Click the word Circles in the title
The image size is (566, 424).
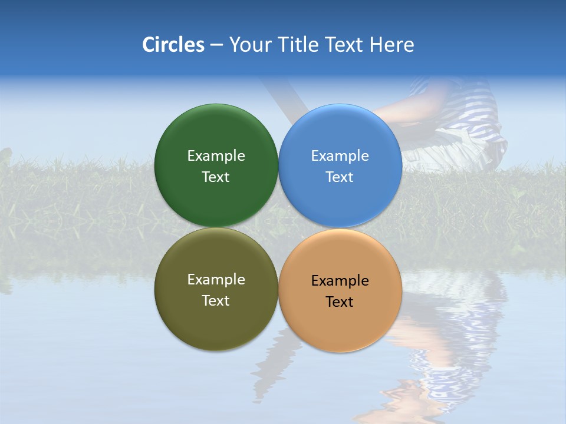click(173, 45)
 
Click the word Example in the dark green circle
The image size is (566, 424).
click(216, 156)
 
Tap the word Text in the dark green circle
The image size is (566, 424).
click(216, 177)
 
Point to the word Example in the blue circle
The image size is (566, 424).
click(340, 156)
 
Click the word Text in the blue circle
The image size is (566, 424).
click(340, 177)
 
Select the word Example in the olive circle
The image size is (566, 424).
click(216, 280)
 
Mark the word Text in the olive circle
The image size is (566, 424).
click(216, 301)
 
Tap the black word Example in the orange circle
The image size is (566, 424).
click(340, 281)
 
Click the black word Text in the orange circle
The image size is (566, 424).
click(340, 302)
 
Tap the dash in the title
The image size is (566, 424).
click(216, 45)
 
